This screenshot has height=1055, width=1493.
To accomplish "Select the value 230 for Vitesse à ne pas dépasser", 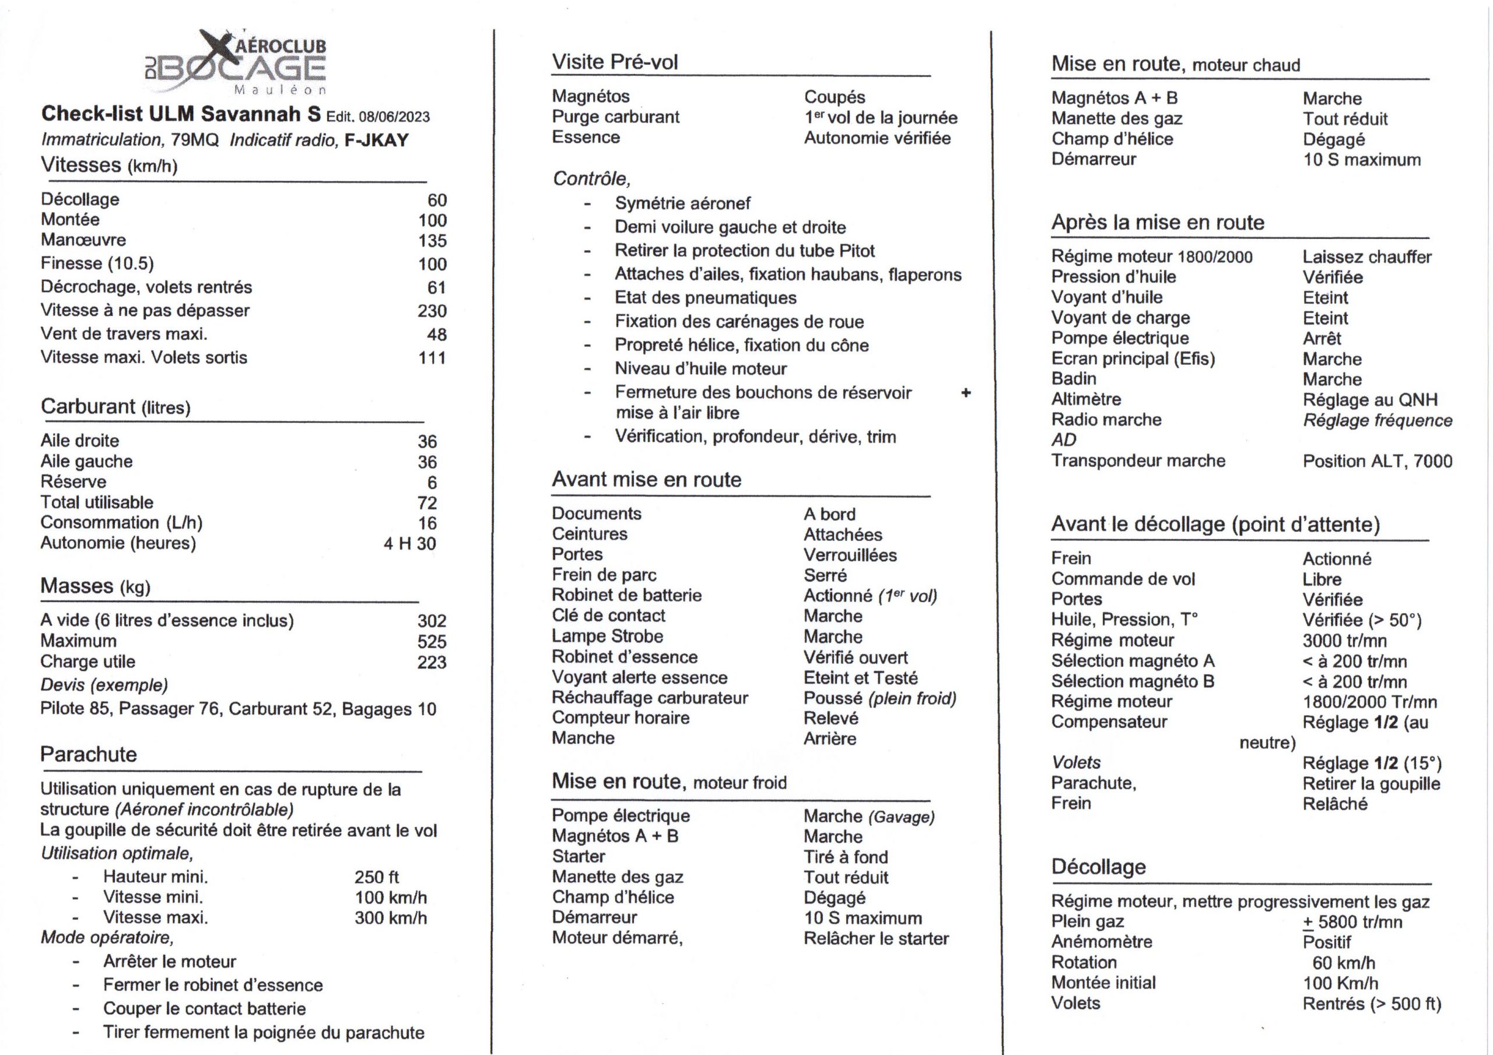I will click(432, 311).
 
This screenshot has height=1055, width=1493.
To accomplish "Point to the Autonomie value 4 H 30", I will click(409, 543).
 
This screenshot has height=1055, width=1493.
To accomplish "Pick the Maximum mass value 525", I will click(432, 642).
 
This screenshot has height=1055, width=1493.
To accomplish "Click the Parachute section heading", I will click(89, 754).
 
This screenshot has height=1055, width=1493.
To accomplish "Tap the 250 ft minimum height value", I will click(377, 877).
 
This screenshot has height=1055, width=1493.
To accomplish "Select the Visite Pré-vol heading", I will click(615, 62).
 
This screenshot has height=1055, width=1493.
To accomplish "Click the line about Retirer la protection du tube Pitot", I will click(744, 251).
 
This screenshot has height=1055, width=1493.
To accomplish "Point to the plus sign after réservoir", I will click(966, 393).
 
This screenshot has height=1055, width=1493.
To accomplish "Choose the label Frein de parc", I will click(604, 575).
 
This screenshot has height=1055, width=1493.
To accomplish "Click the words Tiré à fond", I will click(845, 857).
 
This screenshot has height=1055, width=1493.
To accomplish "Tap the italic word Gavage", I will click(902, 817).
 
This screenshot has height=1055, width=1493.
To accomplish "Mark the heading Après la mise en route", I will click(1158, 222).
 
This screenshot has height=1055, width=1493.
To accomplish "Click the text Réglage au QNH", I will click(1369, 400).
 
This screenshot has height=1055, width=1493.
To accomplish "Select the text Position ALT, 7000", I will click(1376, 461).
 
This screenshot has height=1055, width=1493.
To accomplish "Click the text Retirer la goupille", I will click(1371, 784).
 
